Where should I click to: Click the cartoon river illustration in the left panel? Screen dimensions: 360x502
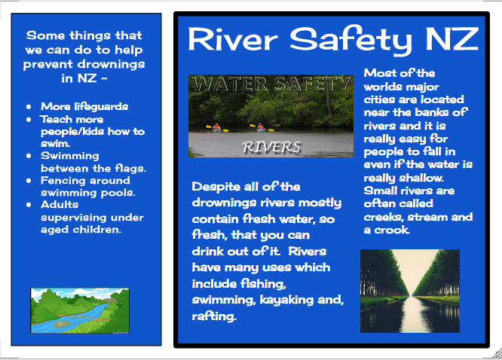pyautogui.click(x=79, y=310)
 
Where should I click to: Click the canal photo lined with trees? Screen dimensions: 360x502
pyautogui.click(x=409, y=291)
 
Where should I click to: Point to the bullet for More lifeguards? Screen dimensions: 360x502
pyautogui.click(x=28, y=107)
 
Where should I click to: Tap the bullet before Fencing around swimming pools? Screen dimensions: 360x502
pyautogui.click(x=28, y=181)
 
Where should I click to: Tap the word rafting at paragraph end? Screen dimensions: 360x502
pyautogui.click(x=215, y=316)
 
